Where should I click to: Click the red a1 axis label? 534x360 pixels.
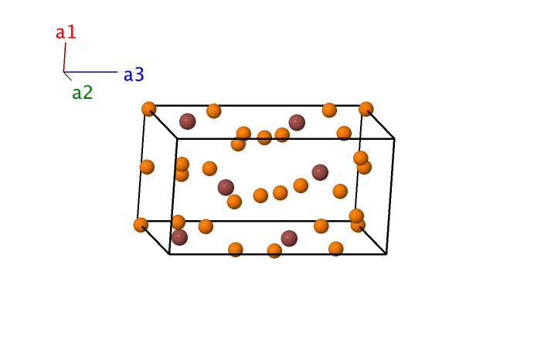click(66, 32)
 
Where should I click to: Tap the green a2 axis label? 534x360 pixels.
click(82, 92)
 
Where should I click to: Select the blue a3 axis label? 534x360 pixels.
click(134, 74)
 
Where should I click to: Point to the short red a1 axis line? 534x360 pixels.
click(64, 57)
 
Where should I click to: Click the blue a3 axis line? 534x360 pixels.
click(90, 72)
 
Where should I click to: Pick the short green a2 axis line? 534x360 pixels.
click(67, 76)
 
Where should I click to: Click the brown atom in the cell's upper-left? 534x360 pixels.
click(188, 121)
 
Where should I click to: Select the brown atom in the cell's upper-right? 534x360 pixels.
click(297, 122)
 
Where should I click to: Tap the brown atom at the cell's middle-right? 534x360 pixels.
click(320, 172)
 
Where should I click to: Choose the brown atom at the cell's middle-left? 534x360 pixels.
click(226, 187)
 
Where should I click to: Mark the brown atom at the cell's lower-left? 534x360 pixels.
click(179, 237)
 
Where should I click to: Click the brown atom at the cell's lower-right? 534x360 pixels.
click(289, 238)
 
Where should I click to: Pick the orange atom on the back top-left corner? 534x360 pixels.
click(149, 109)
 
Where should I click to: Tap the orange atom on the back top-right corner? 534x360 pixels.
click(366, 109)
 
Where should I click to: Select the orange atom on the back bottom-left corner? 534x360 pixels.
click(141, 225)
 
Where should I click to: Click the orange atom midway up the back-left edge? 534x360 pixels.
click(147, 167)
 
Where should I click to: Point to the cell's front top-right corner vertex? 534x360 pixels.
click(394, 138)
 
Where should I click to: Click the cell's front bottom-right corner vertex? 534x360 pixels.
click(386, 254)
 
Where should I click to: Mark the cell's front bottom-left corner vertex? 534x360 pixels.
click(169, 254)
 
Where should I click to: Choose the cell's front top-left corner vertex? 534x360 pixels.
click(178, 138)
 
